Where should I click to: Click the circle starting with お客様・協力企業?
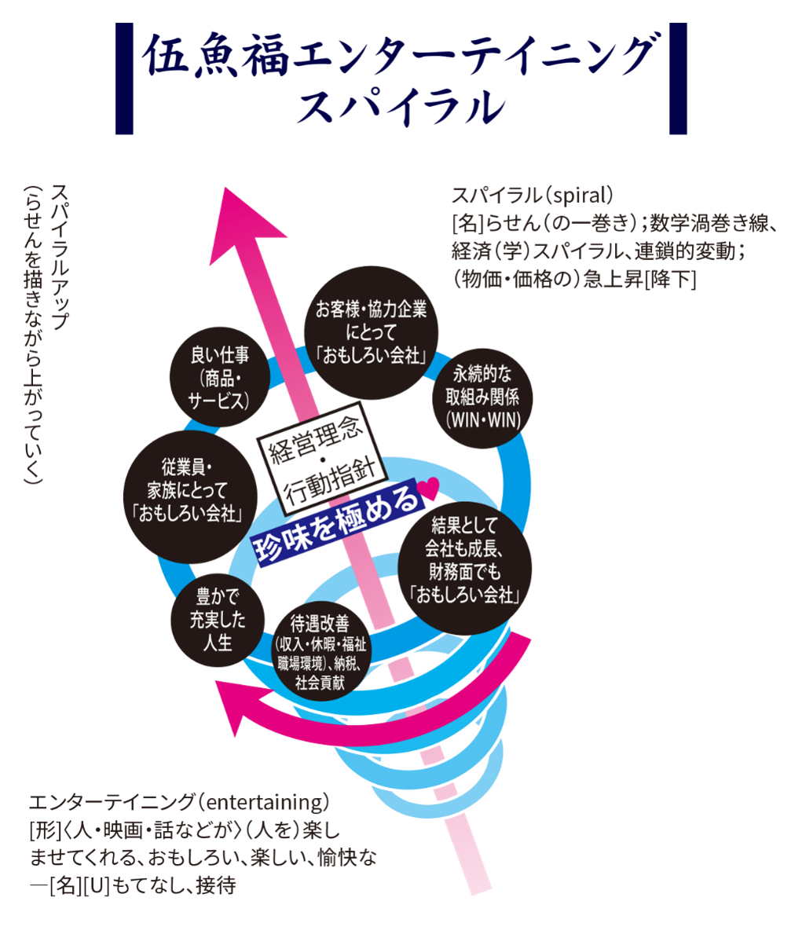click(371, 333)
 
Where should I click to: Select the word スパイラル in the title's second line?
click(400, 106)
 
